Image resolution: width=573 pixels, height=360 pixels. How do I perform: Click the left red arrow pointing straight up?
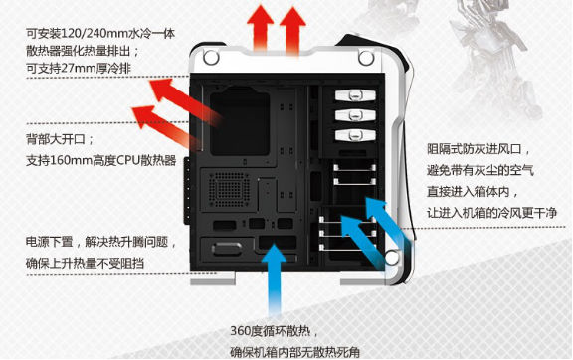click(261, 27)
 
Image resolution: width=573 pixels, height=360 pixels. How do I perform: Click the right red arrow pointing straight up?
click(293, 30)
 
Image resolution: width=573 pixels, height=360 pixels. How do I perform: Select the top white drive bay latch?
click(355, 95)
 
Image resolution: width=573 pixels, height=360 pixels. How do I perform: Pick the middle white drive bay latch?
click(355, 115)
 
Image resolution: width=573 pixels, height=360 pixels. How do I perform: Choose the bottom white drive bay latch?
click(355, 135)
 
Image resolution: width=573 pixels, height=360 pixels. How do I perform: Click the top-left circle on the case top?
click(211, 58)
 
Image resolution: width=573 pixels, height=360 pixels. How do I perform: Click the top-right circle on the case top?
click(366, 58)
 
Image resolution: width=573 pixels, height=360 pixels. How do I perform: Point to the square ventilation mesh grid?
click(229, 189)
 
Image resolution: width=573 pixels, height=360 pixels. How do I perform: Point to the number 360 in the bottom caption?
click(240, 332)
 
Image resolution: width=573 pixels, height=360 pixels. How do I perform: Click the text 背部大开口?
click(56, 139)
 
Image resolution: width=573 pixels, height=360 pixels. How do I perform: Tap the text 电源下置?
click(50, 242)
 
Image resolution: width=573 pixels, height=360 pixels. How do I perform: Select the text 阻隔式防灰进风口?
click(475, 149)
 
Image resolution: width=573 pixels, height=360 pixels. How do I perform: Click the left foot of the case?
click(213, 278)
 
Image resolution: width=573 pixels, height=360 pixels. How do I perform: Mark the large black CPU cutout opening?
click(240, 120)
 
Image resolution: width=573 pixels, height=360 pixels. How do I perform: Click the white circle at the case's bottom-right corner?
click(392, 257)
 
